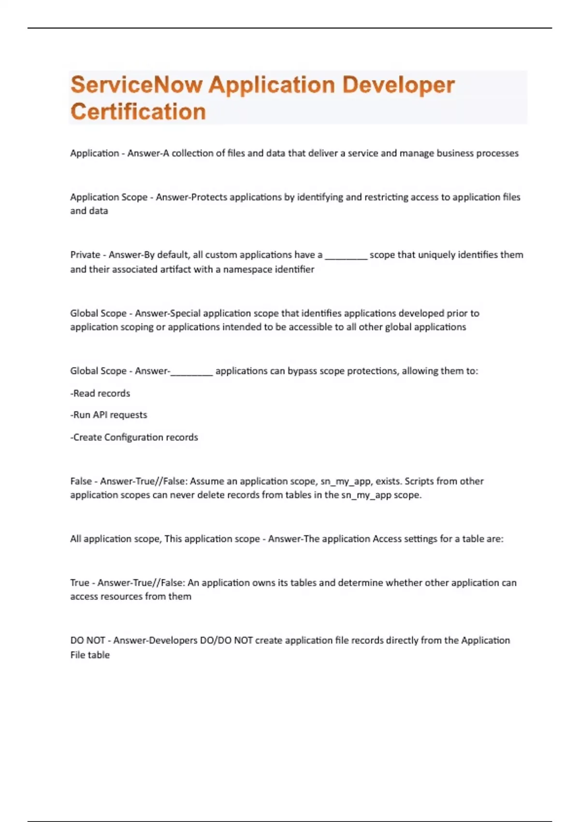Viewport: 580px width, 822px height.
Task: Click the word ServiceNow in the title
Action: [136, 85]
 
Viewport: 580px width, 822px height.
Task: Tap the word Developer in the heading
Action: [398, 85]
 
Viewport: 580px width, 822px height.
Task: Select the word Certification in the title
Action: [138, 112]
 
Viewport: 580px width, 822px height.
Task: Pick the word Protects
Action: [209, 197]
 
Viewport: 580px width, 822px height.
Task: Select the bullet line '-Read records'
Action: [100, 394]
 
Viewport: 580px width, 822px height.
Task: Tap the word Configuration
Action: [134, 438]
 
